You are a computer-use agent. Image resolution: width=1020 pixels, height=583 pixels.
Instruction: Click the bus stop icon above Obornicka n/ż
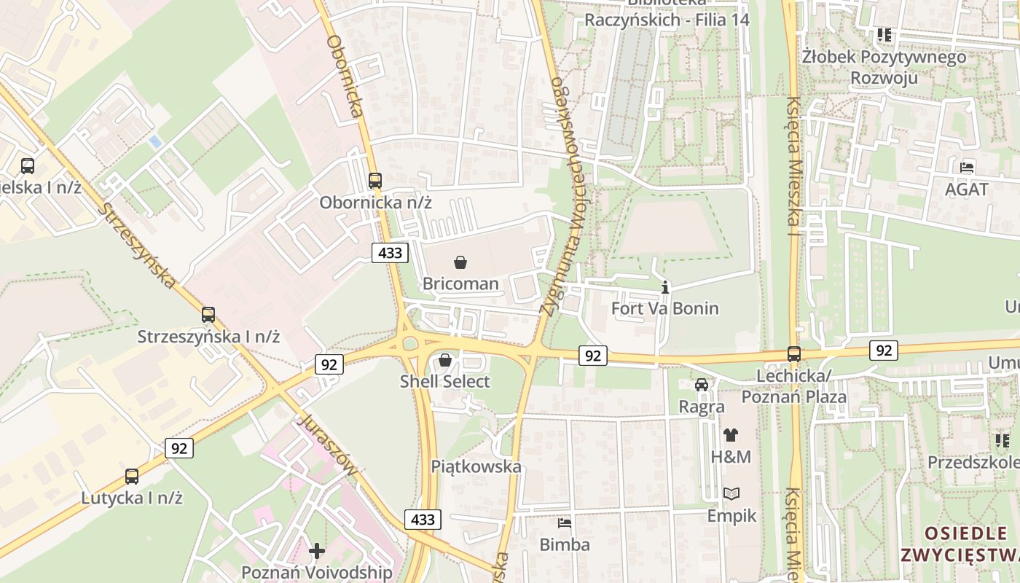[x=375, y=180]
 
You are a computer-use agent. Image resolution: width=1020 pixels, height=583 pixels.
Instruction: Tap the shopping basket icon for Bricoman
[x=460, y=262]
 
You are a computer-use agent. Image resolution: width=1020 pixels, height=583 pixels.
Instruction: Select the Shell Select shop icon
[x=445, y=360]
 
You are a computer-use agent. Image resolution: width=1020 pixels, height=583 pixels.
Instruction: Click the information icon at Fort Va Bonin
[x=664, y=287]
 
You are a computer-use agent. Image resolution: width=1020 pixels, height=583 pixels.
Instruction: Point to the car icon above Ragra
[x=702, y=384]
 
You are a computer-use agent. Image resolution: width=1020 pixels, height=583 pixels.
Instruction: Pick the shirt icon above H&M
[x=731, y=435]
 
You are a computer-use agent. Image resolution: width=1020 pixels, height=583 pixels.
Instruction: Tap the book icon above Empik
[x=731, y=493]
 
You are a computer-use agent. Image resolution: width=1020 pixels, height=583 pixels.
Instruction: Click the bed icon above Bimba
[x=565, y=523]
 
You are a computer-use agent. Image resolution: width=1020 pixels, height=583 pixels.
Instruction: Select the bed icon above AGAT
[x=967, y=167]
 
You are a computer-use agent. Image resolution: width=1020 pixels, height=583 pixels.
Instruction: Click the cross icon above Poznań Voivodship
[x=317, y=550]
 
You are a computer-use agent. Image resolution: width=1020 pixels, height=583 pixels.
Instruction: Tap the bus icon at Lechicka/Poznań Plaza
[x=794, y=354]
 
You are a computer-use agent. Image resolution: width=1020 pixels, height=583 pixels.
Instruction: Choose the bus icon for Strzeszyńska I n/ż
[x=208, y=315]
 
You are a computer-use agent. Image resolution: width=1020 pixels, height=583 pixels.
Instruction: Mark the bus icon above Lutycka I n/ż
[x=132, y=477]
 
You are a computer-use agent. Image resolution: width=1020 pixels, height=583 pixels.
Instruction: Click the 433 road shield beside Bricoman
[x=390, y=253]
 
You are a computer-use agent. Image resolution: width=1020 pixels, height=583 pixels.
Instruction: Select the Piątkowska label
[x=476, y=466]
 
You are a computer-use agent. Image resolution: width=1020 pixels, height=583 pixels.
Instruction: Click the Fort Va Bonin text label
[x=664, y=308]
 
